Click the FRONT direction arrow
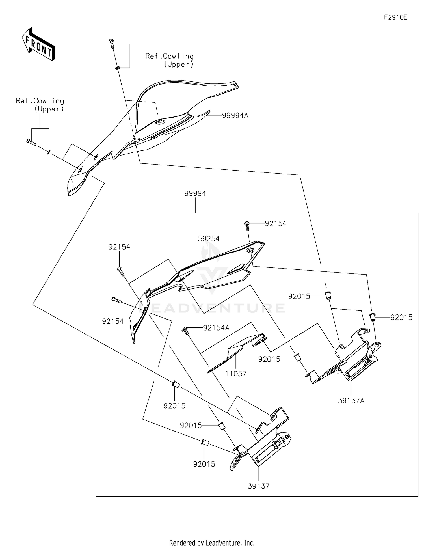(38, 45)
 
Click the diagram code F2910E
(395, 17)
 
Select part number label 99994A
(235, 115)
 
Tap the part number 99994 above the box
(195, 193)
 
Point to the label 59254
(209, 239)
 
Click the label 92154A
(216, 328)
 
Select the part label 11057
(236, 374)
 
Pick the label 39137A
(351, 400)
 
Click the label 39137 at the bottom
(259, 486)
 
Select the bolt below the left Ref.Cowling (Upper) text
(31, 142)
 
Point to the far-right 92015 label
(401, 317)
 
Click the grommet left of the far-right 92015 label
(373, 317)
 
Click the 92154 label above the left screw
(119, 247)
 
